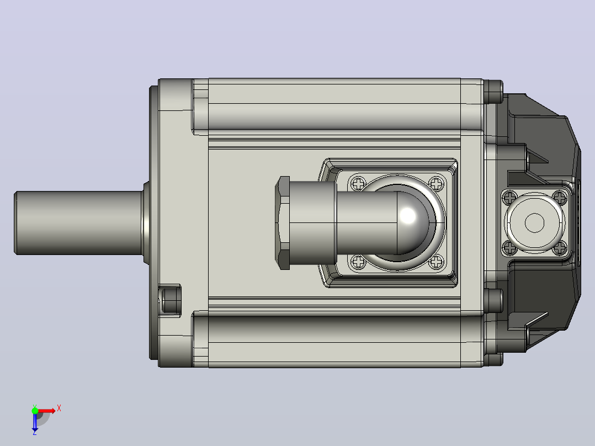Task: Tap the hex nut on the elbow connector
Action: (x=283, y=223)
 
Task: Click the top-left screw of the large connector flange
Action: (x=358, y=184)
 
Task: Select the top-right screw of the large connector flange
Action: (x=437, y=184)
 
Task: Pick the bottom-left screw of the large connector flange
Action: (x=358, y=262)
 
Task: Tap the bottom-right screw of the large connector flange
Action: (x=437, y=262)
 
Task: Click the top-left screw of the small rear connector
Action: (x=509, y=198)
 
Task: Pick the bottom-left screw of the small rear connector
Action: (x=509, y=248)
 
